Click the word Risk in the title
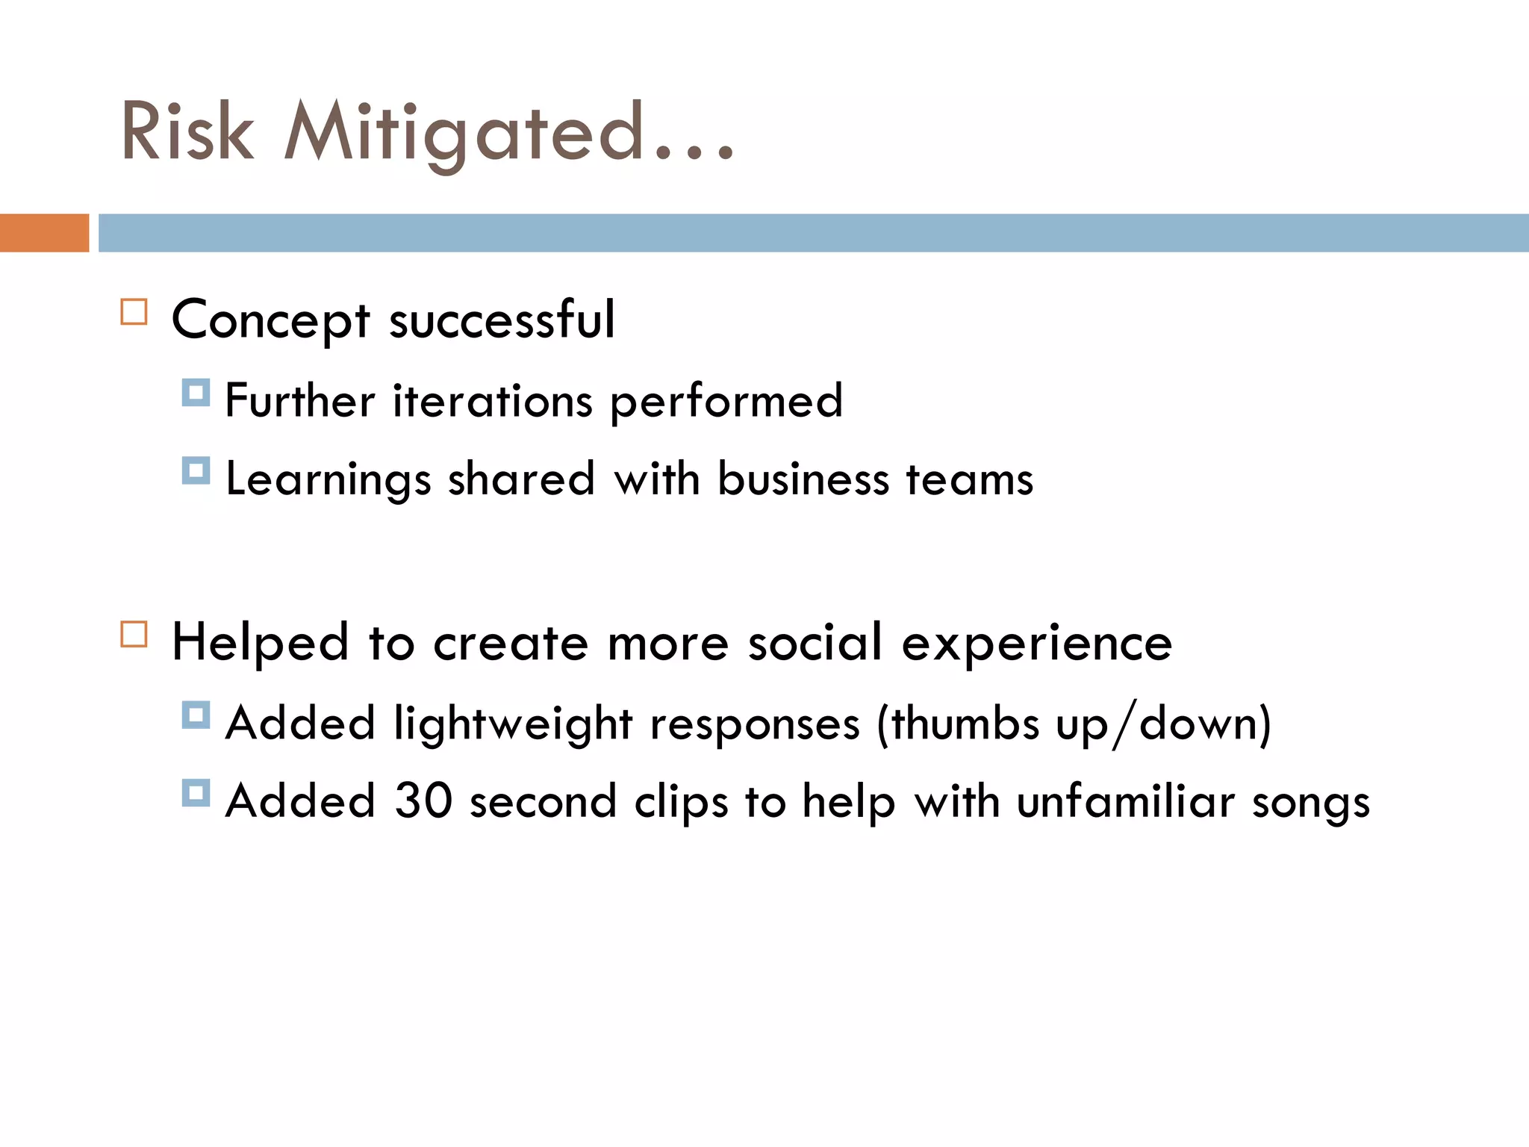pyautogui.click(x=187, y=132)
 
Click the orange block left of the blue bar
pyautogui.click(x=44, y=233)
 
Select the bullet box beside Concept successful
pyautogui.click(x=134, y=311)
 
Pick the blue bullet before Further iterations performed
pyautogui.click(x=196, y=393)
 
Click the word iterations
pyautogui.click(x=493, y=401)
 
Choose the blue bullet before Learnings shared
pyautogui.click(x=196, y=470)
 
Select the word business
pyautogui.click(x=803, y=479)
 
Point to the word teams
pyautogui.click(x=970, y=480)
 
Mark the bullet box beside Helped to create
pyautogui.click(x=134, y=635)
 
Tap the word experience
pyautogui.click(x=1037, y=644)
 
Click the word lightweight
pyautogui.click(x=514, y=724)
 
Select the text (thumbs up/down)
pyautogui.click(x=1074, y=724)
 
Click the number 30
pyautogui.click(x=423, y=801)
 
